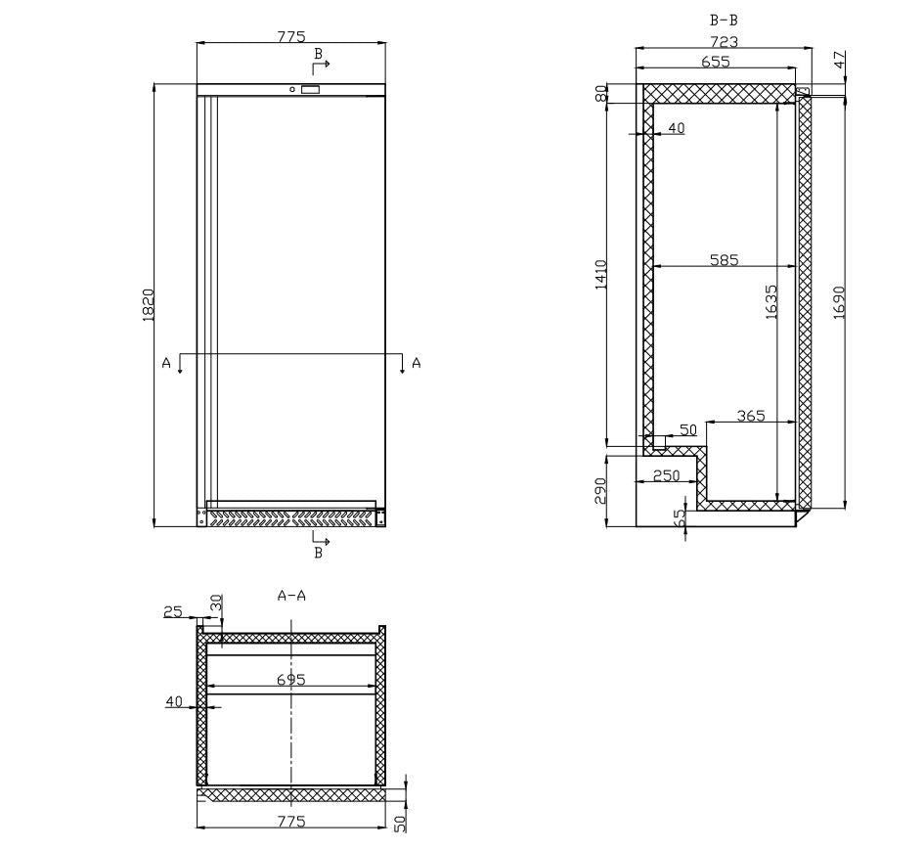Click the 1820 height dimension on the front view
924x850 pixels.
click(148, 305)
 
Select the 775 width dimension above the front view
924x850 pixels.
click(290, 37)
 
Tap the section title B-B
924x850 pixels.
click(724, 20)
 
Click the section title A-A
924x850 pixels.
click(291, 595)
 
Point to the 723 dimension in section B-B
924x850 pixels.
click(724, 42)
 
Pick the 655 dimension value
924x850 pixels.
click(716, 62)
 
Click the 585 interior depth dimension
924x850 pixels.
click(724, 260)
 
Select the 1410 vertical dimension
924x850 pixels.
click(601, 274)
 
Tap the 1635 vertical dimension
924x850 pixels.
click(770, 301)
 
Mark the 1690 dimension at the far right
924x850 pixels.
click(839, 301)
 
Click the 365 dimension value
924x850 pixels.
click(750, 416)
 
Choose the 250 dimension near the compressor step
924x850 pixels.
click(666, 475)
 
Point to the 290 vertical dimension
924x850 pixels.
click(601, 489)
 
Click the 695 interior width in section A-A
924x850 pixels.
click(290, 679)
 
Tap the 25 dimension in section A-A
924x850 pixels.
click(172, 612)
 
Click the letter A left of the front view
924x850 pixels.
click(166, 363)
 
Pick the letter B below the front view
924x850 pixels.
click(317, 554)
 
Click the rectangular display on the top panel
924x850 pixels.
click(309, 90)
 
